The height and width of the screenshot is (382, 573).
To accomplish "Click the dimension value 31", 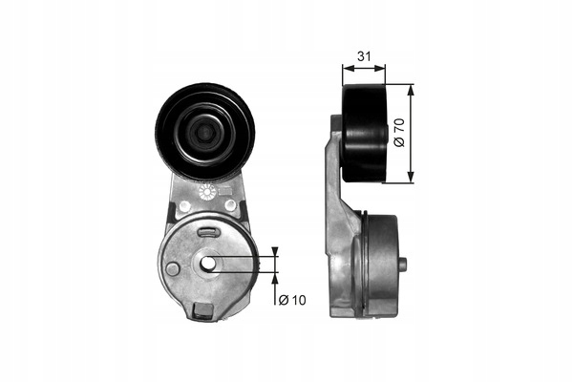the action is (x=364, y=56).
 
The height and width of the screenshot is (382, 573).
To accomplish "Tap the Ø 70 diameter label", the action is (x=400, y=133).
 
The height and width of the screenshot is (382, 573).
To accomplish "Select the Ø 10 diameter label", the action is (x=292, y=300).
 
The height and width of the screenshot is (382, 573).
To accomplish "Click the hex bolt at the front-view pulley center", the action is (x=204, y=133).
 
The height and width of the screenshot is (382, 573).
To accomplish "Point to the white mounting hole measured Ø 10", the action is (x=208, y=263).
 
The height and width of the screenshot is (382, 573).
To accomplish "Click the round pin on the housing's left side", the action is (x=172, y=268).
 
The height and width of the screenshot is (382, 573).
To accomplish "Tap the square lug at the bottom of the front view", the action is (x=202, y=310).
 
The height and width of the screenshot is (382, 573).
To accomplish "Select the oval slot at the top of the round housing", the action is (x=208, y=232).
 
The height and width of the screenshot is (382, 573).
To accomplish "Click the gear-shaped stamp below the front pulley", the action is (x=207, y=192).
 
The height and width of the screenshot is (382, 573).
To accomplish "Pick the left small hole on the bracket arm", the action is (x=183, y=205).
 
